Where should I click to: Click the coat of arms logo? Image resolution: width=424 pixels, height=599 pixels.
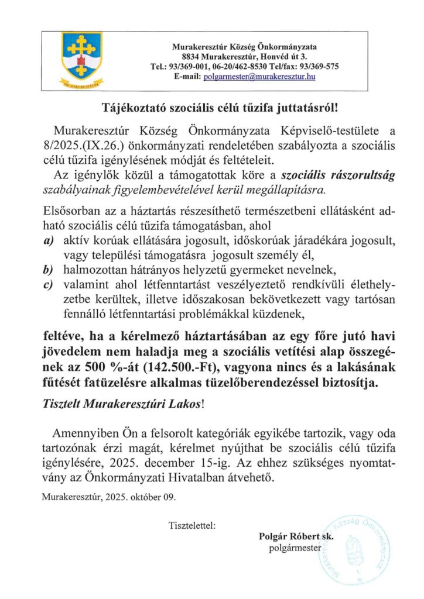pos(82,57)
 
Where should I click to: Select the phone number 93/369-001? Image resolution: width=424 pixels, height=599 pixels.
pos(186,67)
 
